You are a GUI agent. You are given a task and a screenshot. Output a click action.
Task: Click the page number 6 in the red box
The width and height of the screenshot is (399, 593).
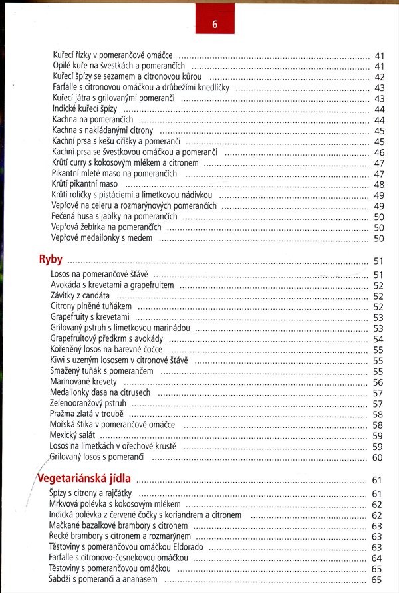tap(215, 26)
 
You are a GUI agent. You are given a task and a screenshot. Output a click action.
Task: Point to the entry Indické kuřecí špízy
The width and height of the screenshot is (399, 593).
tap(86, 109)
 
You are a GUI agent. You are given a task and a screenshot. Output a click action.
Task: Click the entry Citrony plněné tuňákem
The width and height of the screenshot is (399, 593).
tap(92, 306)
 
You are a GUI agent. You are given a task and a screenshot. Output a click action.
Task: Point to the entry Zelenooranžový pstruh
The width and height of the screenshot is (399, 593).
tap(88, 403)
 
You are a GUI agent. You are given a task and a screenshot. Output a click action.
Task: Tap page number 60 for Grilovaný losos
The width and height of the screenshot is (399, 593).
tap(378, 457)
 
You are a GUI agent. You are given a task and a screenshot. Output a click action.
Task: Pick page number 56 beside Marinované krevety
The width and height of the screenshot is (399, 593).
tap(378, 382)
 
